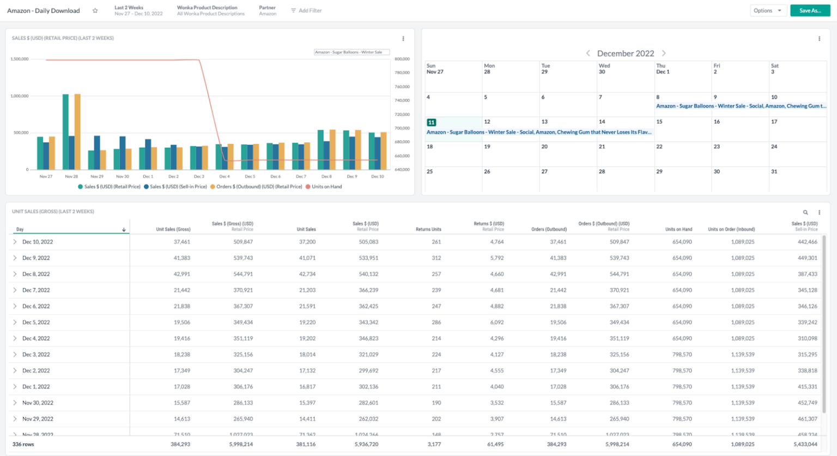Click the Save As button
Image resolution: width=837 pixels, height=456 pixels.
(810, 10)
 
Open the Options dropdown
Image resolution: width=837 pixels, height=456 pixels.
(767, 10)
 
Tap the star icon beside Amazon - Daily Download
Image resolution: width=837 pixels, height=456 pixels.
(95, 10)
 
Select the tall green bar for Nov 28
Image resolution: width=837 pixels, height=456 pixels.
(65, 131)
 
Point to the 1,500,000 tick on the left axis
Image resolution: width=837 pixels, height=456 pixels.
(20, 59)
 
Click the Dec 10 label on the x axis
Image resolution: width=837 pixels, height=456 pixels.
(377, 176)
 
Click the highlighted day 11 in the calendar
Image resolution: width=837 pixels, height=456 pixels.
(431, 122)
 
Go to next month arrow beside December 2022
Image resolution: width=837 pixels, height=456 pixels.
(664, 53)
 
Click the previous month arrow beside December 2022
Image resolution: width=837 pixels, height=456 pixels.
(588, 53)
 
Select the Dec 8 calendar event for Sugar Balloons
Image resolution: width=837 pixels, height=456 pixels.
(741, 106)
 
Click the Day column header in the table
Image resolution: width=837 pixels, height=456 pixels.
(20, 229)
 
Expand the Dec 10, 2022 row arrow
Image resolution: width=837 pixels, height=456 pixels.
(15, 242)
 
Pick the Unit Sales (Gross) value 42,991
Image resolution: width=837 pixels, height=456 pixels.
(181, 274)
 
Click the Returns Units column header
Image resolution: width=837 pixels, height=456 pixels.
(428, 229)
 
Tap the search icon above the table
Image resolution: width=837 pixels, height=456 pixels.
(805, 212)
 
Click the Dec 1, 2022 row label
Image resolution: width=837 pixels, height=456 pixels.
(36, 387)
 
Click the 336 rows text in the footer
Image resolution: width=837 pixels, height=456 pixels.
(23, 444)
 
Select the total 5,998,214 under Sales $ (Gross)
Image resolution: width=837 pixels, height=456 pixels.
(240, 444)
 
